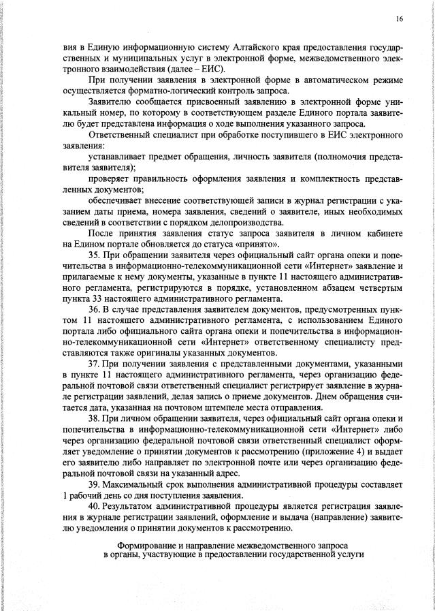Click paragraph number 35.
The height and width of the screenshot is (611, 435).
click(x=95, y=255)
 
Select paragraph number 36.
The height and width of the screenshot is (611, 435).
click(x=95, y=309)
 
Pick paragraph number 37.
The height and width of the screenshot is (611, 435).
click(x=95, y=364)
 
